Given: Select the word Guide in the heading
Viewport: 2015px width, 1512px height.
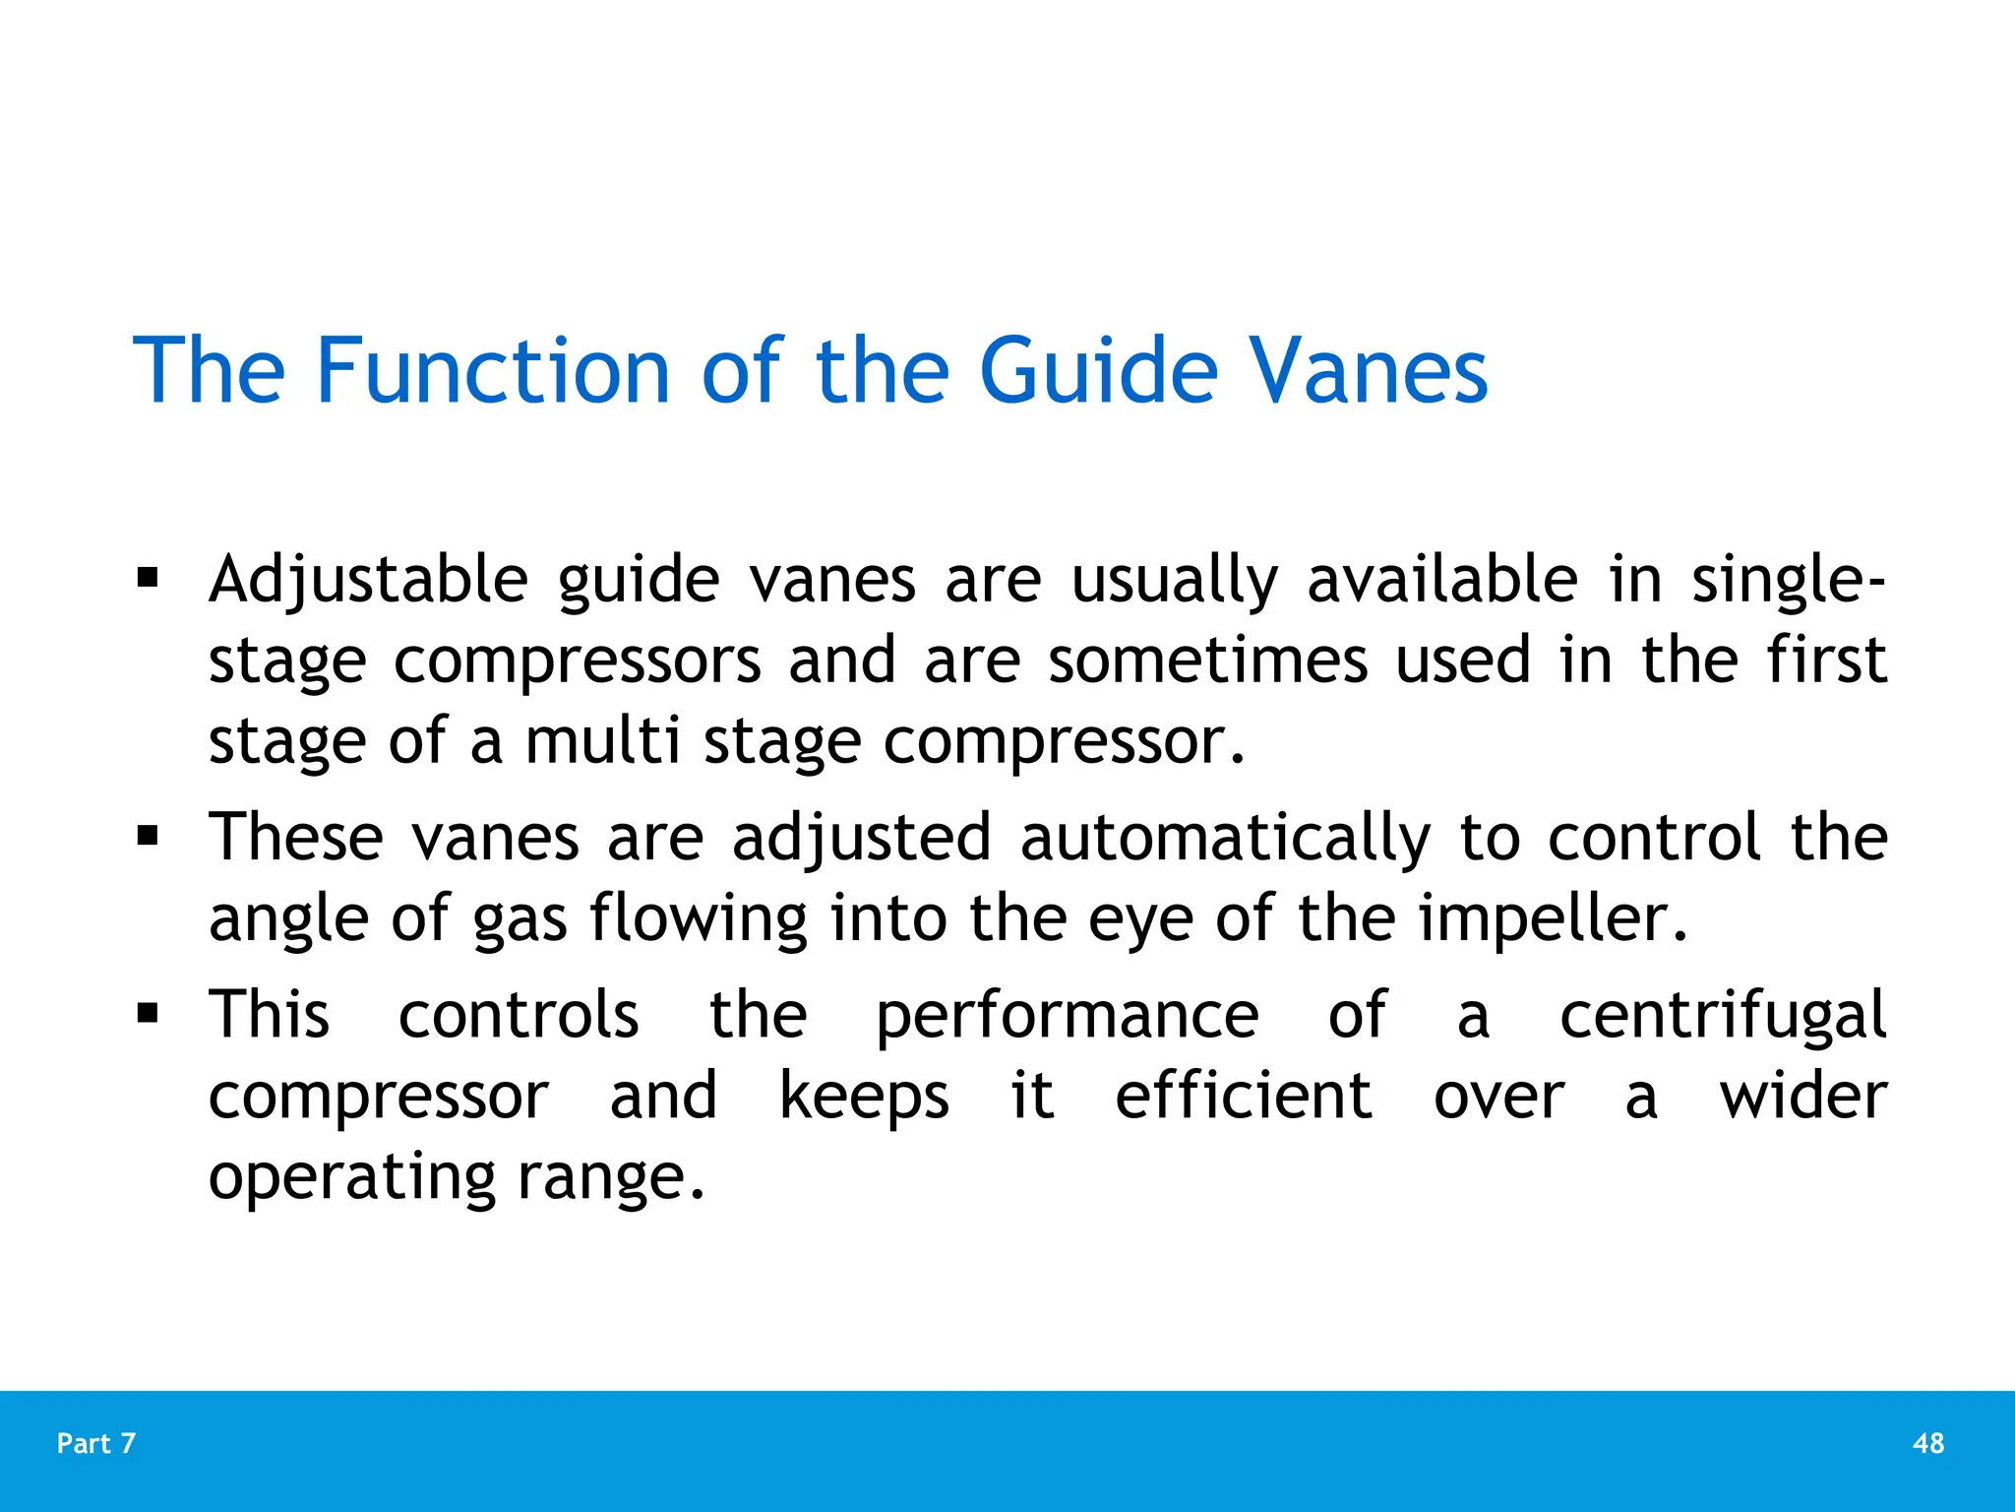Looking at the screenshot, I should pyautogui.click(x=1099, y=371).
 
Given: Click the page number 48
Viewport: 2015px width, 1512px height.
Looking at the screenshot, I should pyautogui.click(x=1928, y=1443).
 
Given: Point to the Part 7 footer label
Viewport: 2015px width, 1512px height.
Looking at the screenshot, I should pyautogui.click(x=96, y=1443).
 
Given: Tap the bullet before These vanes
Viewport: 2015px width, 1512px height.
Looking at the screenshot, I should pyautogui.click(x=148, y=837).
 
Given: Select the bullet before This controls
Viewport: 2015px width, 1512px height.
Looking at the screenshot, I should pyautogui.click(x=148, y=1014).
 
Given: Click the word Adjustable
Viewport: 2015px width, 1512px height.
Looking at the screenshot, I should pyautogui.click(x=368, y=581).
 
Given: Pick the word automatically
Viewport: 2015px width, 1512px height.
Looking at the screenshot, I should pyautogui.click(x=1225, y=839).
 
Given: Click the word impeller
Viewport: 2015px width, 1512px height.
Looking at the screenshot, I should pyautogui.click(x=1552, y=917).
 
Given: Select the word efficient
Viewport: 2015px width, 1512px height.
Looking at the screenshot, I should pyautogui.click(x=1243, y=1096).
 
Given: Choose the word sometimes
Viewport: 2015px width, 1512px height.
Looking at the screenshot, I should pyautogui.click(x=1207, y=660).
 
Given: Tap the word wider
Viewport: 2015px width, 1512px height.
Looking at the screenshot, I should pyautogui.click(x=1802, y=1096).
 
